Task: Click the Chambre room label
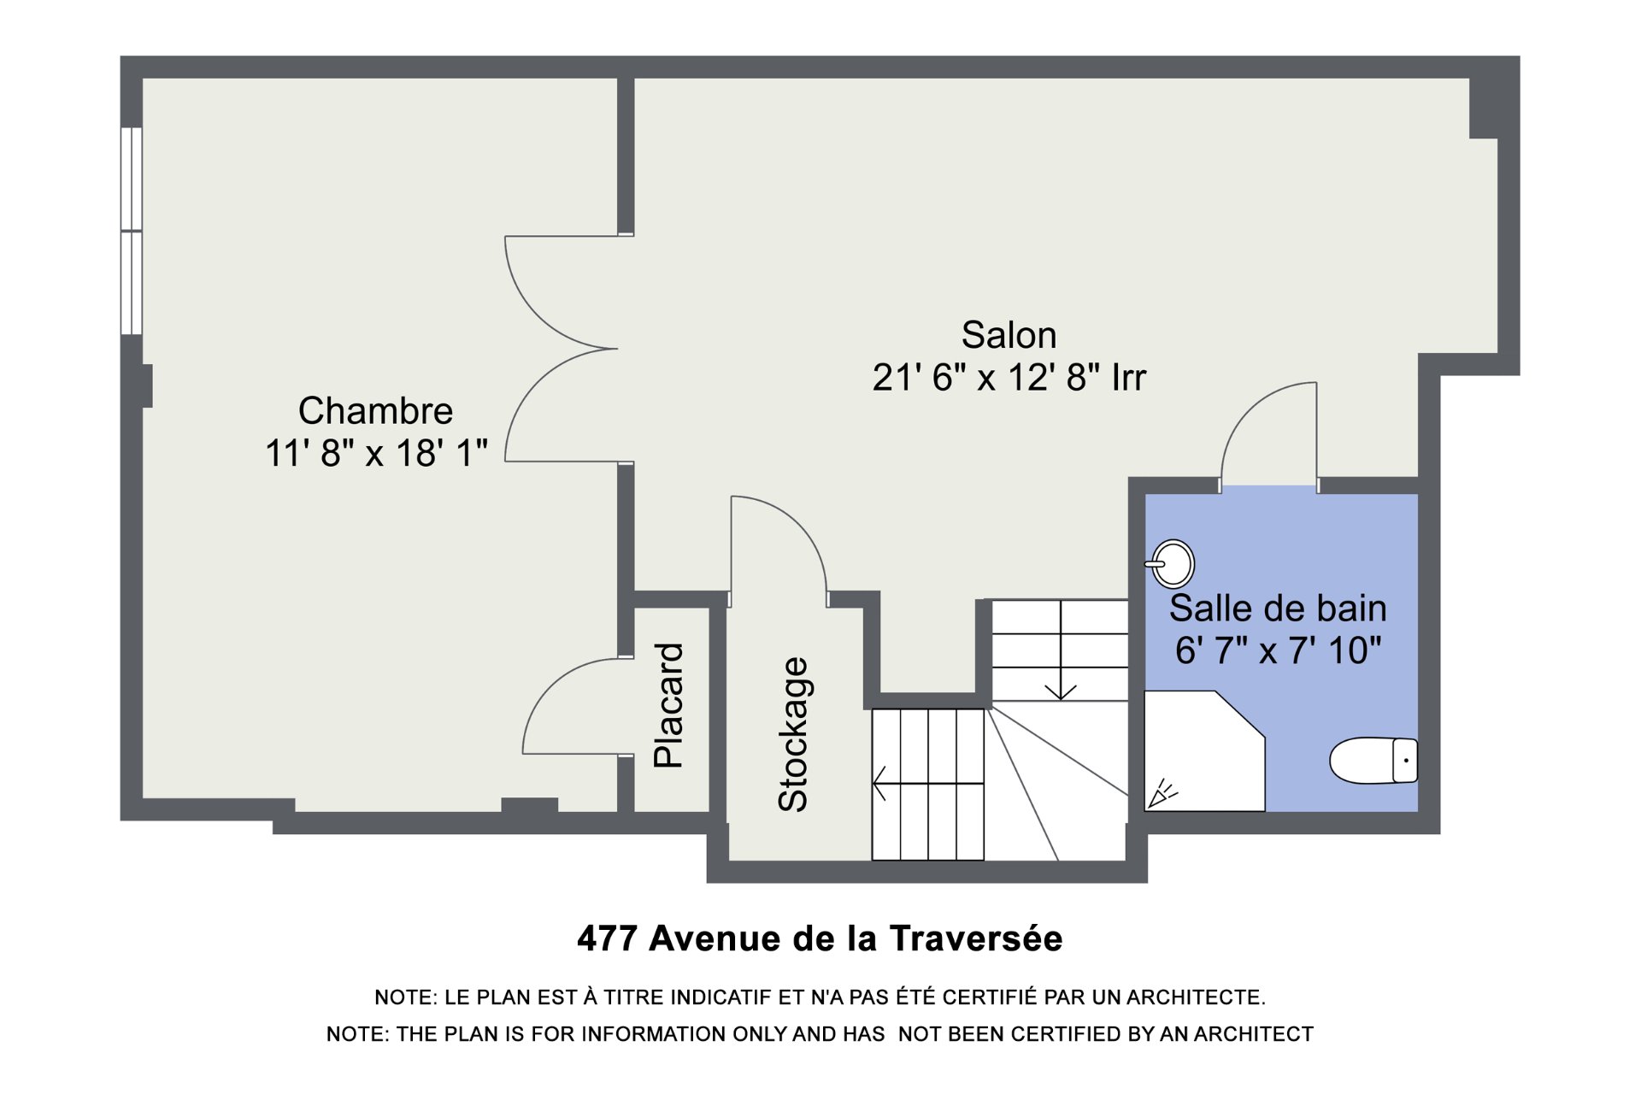click(x=375, y=411)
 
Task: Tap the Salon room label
click(x=1009, y=335)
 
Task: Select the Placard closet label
click(x=668, y=705)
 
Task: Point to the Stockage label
click(x=792, y=734)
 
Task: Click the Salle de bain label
click(x=1278, y=609)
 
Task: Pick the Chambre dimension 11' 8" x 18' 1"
click(x=376, y=453)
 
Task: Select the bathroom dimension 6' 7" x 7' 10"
click(x=1278, y=651)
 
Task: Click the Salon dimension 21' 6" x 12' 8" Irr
click(x=1009, y=377)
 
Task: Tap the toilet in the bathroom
click(x=1373, y=760)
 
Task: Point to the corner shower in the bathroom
click(x=1203, y=750)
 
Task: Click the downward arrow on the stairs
click(x=1061, y=650)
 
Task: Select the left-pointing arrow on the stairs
click(x=928, y=783)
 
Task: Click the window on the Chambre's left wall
click(x=131, y=231)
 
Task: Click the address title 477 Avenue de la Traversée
click(x=820, y=938)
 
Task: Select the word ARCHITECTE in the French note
click(x=1196, y=997)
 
